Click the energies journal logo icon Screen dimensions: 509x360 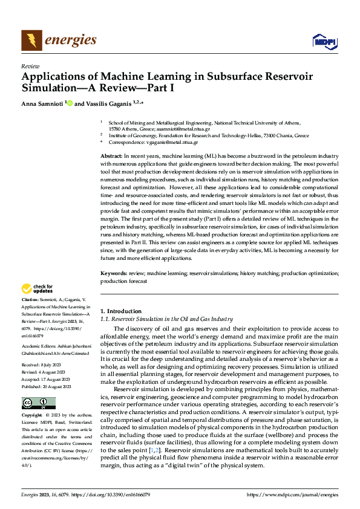point(31,40)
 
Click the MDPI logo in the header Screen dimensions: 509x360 point(323,41)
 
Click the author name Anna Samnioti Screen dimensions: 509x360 point(42,104)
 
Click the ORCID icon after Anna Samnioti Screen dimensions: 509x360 point(70,104)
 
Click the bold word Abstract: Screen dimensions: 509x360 point(112,156)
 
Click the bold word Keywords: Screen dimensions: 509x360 point(114,273)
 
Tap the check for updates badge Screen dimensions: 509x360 point(38,288)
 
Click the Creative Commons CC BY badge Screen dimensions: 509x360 point(38,403)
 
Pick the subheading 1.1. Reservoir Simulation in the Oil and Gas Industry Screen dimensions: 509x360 point(166,319)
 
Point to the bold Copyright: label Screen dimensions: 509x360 point(33,417)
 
